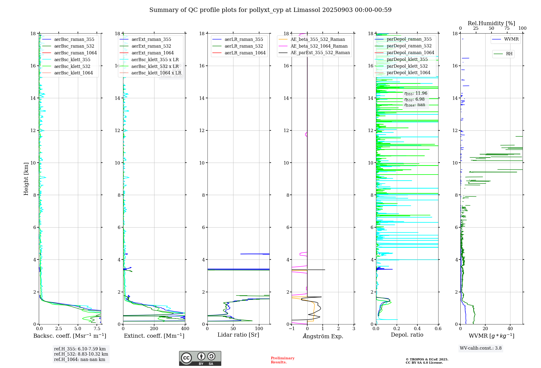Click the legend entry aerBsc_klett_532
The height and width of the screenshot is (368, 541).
(x=72, y=66)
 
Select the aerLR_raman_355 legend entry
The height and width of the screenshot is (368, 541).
(x=244, y=40)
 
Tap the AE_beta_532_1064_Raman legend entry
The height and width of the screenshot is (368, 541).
(x=319, y=46)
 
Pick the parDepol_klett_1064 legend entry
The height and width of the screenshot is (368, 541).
(x=408, y=73)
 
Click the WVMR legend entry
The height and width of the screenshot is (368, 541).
(x=511, y=40)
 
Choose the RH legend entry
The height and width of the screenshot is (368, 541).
(x=509, y=54)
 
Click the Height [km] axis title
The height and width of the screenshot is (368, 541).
(x=26, y=179)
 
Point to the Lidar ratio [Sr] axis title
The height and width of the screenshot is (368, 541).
(x=238, y=335)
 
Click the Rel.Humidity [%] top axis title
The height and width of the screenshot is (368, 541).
(x=491, y=23)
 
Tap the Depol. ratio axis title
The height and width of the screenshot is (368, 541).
(x=407, y=335)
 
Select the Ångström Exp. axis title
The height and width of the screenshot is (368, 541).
(x=323, y=336)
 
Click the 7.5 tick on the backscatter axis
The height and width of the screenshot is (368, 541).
(x=97, y=329)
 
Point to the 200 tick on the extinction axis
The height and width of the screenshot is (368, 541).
(x=154, y=329)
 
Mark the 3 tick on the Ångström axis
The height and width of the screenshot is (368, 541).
(x=354, y=329)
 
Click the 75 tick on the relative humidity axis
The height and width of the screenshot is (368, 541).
(x=507, y=28)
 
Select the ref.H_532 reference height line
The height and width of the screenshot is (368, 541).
(x=81, y=354)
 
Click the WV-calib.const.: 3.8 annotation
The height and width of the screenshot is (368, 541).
(x=480, y=348)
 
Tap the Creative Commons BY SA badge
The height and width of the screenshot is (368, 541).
(x=200, y=359)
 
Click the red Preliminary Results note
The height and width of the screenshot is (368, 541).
(x=282, y=360)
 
